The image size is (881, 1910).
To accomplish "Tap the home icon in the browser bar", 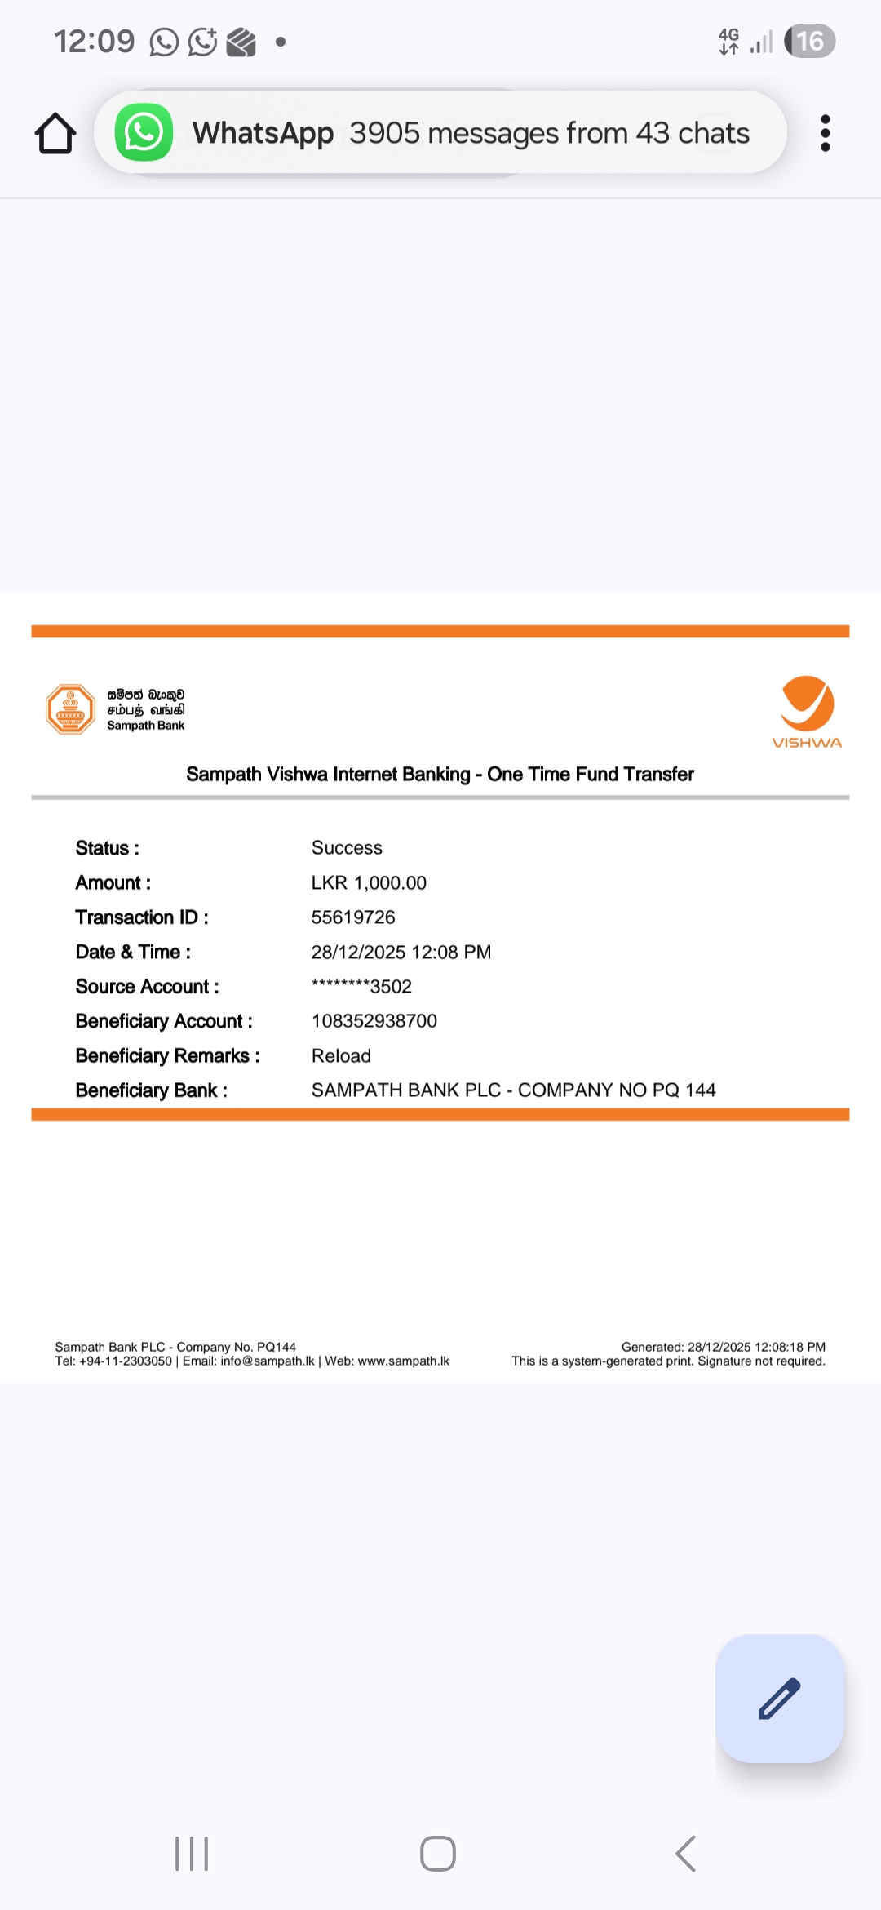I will click(x=55, y=133).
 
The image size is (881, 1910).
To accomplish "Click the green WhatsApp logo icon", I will click(x=144, y=132).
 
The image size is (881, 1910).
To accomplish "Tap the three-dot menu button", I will click(x=826, y=133).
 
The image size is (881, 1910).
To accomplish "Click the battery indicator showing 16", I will click(x=809, y=42).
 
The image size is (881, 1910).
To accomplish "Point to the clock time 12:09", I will click(x=94, y=42).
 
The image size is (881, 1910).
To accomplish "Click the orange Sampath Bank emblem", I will click(x=71, y=709).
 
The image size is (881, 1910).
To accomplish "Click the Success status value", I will click(x=347, y=848).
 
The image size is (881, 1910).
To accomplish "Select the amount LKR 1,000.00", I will click(x=369, y=883).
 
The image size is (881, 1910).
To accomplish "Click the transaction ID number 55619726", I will click(x=353, y=917).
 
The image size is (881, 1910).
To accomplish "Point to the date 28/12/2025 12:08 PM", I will click(x=401, y=953).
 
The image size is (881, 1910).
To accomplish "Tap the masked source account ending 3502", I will click(x=361, y=987).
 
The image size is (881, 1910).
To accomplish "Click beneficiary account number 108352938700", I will click(x=374, y=1021).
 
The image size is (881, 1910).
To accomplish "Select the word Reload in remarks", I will click(x=341, y=1056).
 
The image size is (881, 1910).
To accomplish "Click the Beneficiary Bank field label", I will click(x=152, y=1090).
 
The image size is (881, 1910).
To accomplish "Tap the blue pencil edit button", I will click(x=780, y=1699).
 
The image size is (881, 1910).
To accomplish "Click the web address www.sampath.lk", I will click(x=404, y=1361).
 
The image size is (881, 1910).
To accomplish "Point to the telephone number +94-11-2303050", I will click(x=126, y=1361).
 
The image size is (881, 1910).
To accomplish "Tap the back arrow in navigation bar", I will click(x=686, y=1854).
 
